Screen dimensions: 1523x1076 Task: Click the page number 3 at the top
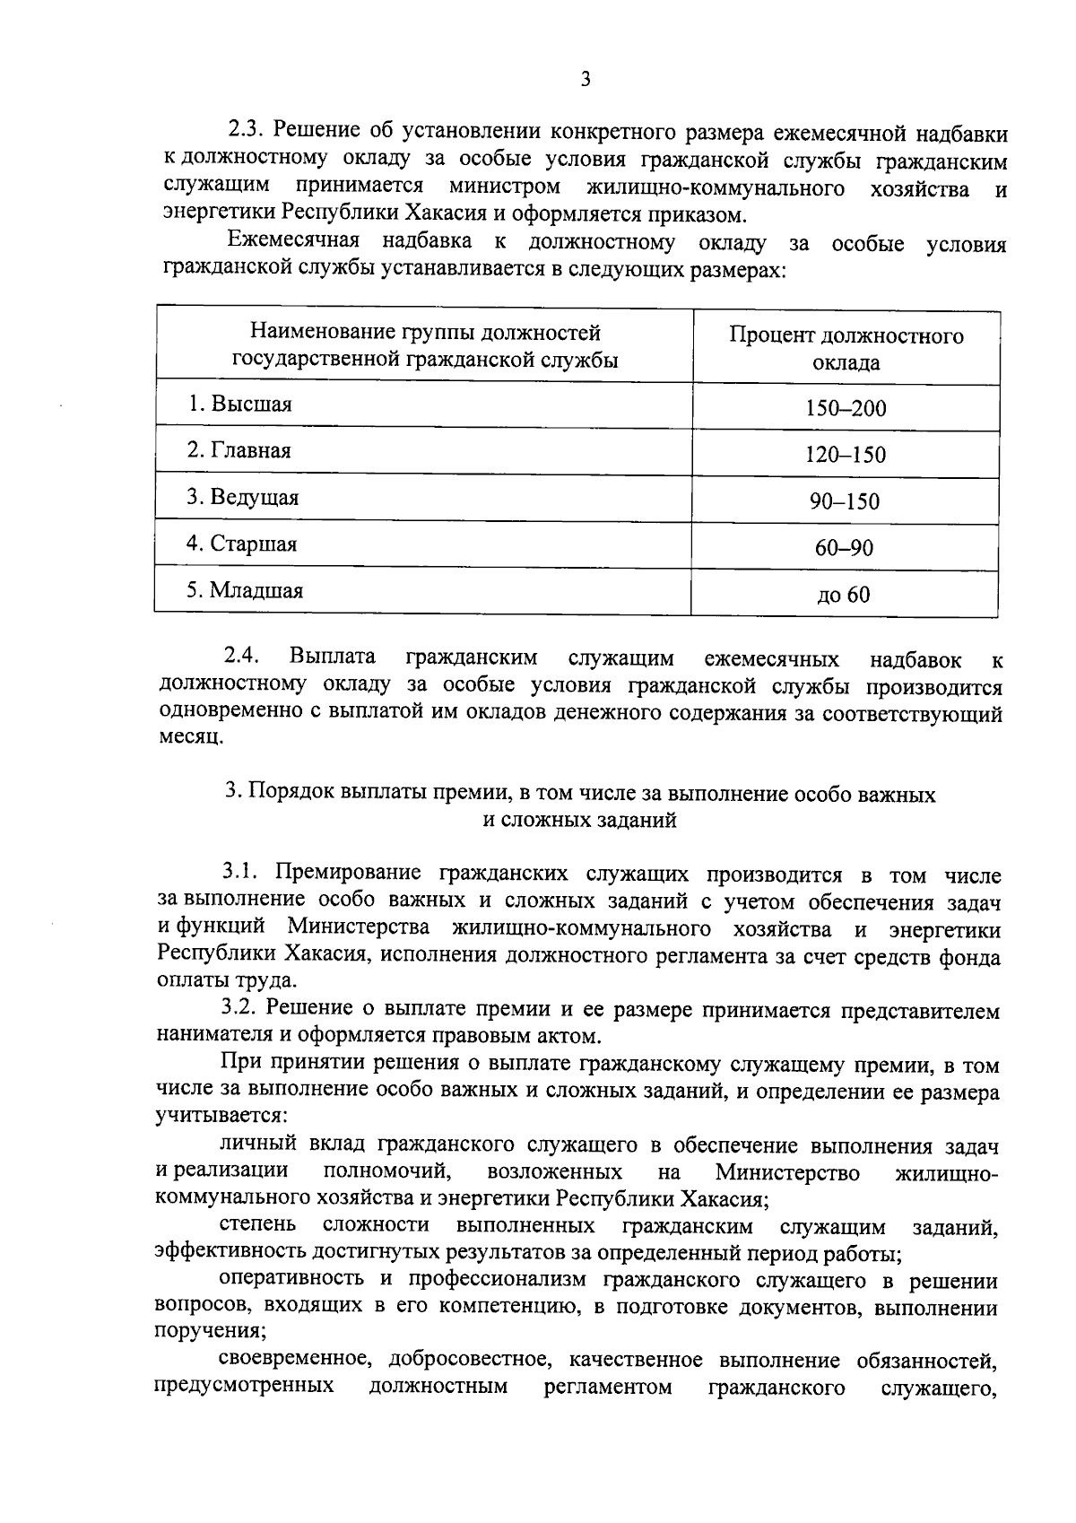(x=585, y=80)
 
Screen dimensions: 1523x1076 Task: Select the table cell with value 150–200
(x=845, y=409)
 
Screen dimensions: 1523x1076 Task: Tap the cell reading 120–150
(x=845, y=455)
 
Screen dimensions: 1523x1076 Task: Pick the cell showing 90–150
(x=845, y=501)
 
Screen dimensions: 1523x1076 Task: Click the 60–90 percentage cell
(x=844, y=548)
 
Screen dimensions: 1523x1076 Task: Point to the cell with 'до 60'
(x=843, y=595)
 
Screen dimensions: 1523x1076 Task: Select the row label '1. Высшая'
(x=239, y=405)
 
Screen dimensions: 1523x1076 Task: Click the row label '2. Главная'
(x=239, y=450)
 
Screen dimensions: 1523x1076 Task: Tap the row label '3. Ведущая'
(x=242, y=497)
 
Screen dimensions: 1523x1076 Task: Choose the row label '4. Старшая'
(x=241, y=544)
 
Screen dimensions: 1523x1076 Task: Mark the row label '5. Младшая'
(x=245, y=590)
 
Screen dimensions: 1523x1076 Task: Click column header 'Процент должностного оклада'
(x=846, y=349)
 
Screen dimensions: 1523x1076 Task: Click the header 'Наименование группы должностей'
(x=425, y=334)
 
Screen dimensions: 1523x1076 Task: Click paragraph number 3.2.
(x=241, y=1009)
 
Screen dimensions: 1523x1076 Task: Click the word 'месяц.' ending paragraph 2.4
(x=186, y=737)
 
